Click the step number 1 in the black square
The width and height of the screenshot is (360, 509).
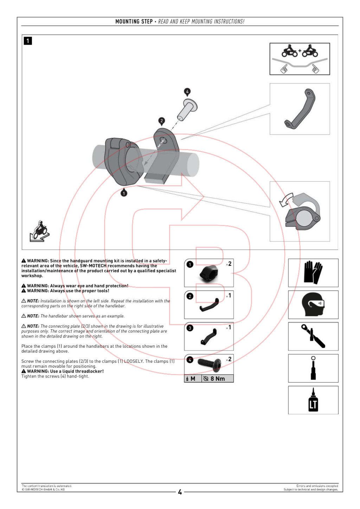(x=28, y=41)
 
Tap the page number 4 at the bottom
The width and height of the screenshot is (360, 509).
(x=180, y=492)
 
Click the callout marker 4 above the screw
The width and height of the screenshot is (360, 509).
(x=187, y=92)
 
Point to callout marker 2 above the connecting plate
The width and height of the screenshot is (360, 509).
(x=162, y=121)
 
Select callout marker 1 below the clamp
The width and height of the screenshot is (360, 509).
(x=124, y=193)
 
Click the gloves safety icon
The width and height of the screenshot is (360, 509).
(x=313, y=272)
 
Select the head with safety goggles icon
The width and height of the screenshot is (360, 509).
(x=313, y=304)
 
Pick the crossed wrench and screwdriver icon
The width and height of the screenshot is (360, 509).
(x=313, y=336)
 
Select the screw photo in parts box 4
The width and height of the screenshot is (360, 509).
(x=210, y=364)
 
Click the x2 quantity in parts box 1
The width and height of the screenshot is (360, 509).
(x=229, y=264)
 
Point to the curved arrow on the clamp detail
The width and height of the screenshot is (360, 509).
(x=285, y=200)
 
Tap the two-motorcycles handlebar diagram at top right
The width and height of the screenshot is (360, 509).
(x=300, y=59)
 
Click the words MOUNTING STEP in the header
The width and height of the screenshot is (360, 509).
(x=134, y=21)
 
